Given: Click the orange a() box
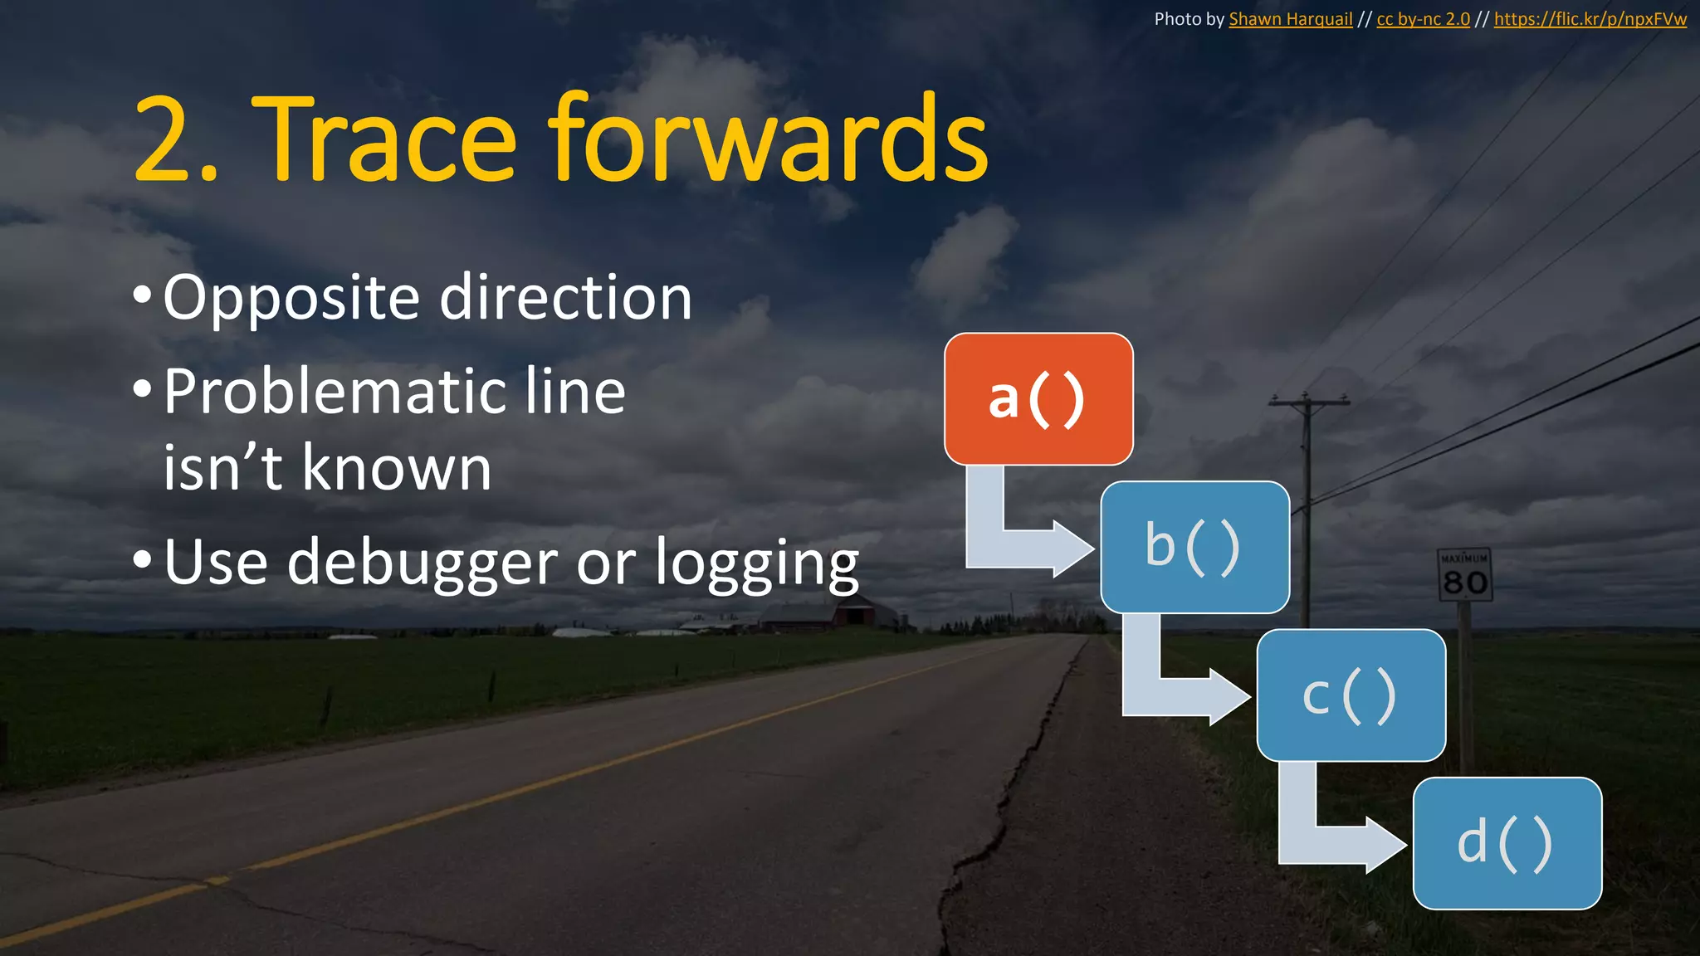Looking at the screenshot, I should tap(1038, 399).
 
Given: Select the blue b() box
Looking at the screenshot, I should tap(1194, 547).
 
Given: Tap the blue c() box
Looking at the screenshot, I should tap(1351, 695).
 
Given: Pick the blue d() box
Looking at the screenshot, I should tap(1507, 843).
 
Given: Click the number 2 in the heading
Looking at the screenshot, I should tap(162, 141).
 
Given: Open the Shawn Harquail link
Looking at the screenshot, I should tap(1290, 19).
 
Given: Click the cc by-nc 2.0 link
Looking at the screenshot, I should tap(1423, 19).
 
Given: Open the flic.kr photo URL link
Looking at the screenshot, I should tap(1590, 19).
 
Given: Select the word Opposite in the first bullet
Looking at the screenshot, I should tap(291, 299).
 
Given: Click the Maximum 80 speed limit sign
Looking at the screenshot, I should tap(1464, 575).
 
